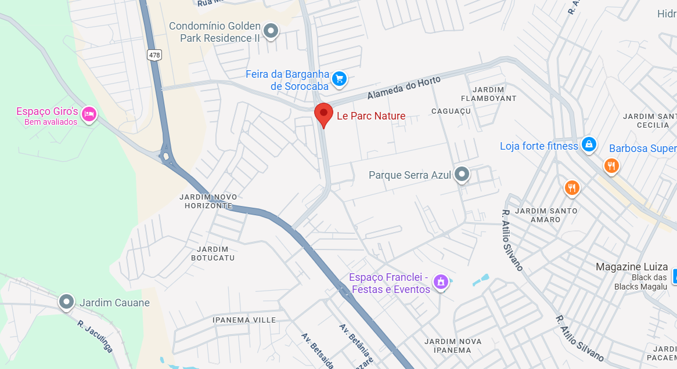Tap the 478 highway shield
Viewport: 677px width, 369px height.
coord(154,55)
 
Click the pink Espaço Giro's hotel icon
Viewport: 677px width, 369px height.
coord(89,114)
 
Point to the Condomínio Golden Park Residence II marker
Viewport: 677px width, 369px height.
coord(271,31)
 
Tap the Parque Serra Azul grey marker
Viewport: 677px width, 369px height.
coord(462,174)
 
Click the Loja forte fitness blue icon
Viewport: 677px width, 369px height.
coord(589,144)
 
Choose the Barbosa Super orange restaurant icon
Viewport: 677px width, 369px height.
coord(611,166)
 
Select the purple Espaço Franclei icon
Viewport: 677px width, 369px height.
coord(441,282)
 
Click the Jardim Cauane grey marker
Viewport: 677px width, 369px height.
coord(67,302)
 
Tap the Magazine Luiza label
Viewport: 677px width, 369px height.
coord(632,267)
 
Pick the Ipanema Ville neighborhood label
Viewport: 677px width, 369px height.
coord(244,320)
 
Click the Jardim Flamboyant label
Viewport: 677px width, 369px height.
coord(494,94)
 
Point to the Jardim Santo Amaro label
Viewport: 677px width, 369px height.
coord(546,215)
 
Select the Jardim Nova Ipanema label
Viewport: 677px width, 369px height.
coord(453,345)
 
